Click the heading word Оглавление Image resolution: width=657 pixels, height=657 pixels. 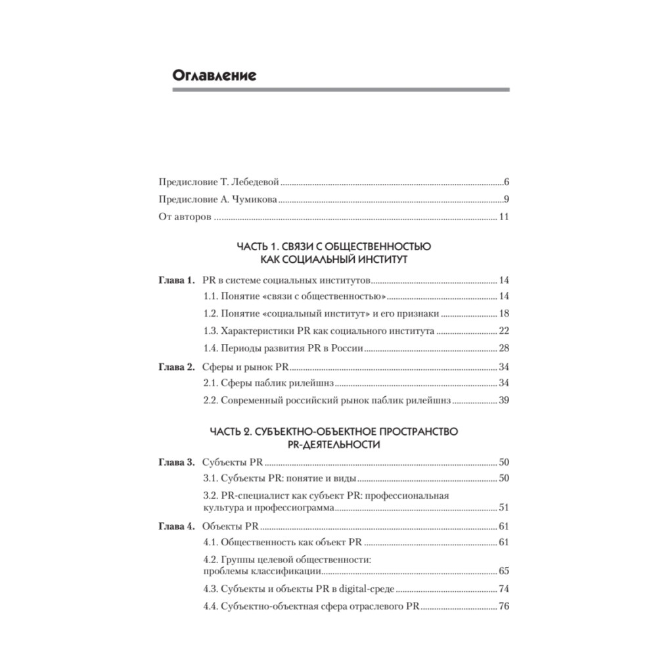[x=214, y=75]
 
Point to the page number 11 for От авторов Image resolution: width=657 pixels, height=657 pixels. [x=505, y=217]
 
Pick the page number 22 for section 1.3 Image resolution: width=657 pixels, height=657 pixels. [x=505, y=331]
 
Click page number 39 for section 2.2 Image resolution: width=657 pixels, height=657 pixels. [x=505, y=400]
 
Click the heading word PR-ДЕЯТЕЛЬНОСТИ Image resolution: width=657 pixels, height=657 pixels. [x=334, y=445]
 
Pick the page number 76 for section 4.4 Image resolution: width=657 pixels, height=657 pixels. [x=505, y=606]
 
